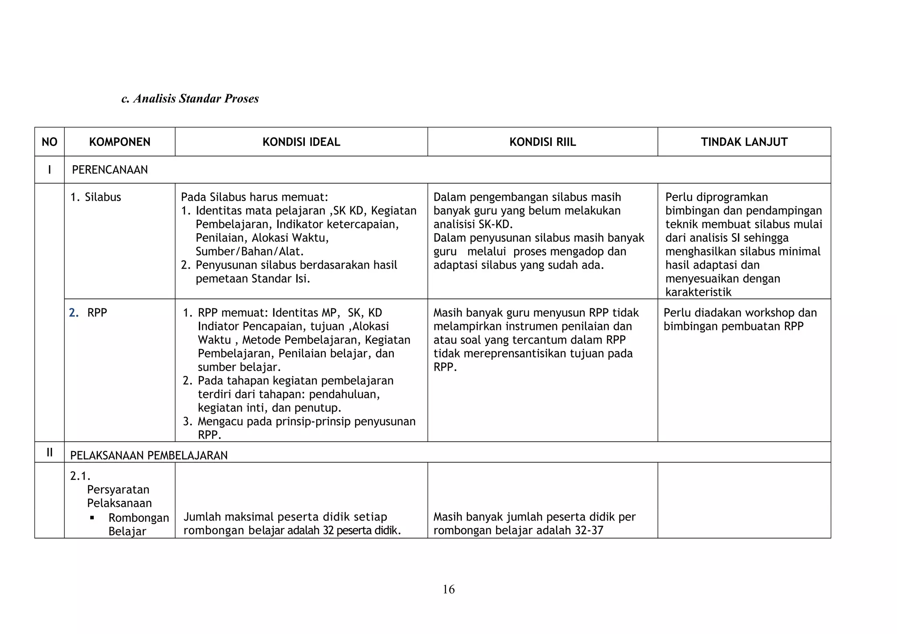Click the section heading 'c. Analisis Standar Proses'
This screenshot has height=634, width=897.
tap(190, 99)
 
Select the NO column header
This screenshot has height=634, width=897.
tap(49, 142)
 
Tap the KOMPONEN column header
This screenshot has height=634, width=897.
tap(120, 142)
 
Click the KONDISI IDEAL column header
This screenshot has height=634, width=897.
tap(301, 142)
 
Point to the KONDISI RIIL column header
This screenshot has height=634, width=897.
tap(543, 142)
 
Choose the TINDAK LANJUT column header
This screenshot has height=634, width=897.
tap(744, 142)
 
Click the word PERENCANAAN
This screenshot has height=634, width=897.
tap(110, 170)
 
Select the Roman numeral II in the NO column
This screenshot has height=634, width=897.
tap(49, 453)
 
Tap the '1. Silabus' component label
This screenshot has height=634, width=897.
tap(95, 197)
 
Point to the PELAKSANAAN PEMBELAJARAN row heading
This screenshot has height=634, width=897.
tap(149, 456)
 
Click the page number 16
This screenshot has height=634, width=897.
tap(448, 589)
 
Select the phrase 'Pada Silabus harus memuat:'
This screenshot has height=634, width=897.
tap(254, 197)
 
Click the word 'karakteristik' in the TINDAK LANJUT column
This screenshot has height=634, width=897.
tap(699, 292)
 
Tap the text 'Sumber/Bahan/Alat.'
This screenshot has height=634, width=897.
tap(250, 251)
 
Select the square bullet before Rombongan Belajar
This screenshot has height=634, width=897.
tap(92, 518)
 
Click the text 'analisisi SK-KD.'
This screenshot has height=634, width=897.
tap(473, 224)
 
